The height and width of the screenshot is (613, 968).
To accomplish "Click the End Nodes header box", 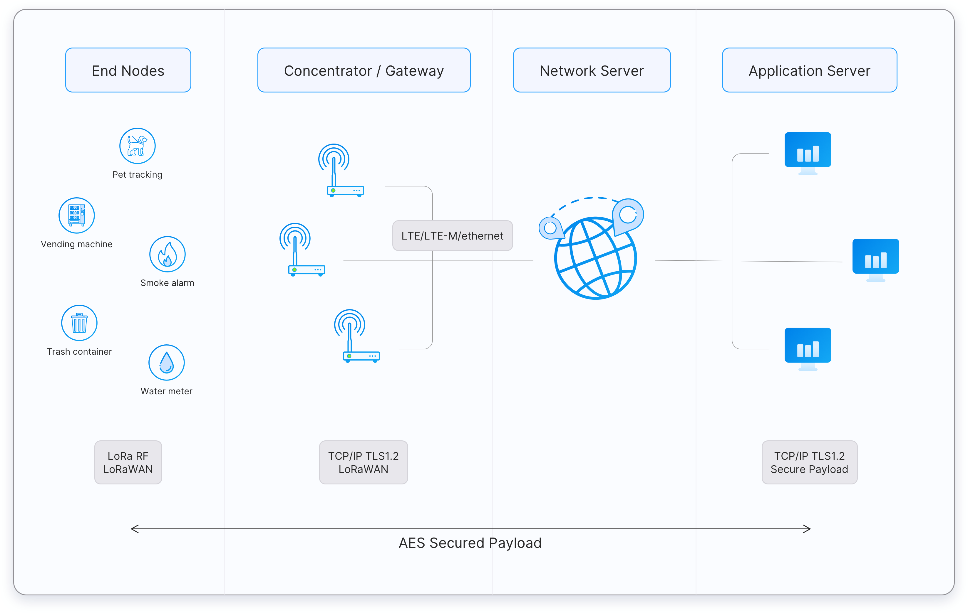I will [x=128, y=70].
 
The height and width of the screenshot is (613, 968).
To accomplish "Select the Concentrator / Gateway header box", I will [x=364, y=70].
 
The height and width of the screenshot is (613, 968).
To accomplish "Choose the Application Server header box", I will [x=809, y=70].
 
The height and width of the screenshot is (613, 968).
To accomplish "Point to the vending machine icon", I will [x=76, y=215].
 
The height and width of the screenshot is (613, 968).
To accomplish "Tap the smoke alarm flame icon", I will [x=167, y=254].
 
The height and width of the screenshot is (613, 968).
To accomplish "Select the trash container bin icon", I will [x=79, y=323].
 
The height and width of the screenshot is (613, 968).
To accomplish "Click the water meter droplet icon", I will [x=166, y=362].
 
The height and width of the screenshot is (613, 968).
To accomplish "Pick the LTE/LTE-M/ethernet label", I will [x=452, y=236].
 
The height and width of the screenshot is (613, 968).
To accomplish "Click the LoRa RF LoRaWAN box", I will [x=128, y=462].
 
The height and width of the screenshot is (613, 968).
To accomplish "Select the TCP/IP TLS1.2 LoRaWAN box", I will [x=364, y=462].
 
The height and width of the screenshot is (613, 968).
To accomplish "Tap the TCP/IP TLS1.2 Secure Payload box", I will [x=809, y=462].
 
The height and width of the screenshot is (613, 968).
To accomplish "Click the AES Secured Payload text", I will [x=470, y=543].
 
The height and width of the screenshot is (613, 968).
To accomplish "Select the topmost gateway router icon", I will [x=341, y=171].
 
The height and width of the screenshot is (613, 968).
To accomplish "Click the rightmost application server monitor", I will [x=875, y=260].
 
